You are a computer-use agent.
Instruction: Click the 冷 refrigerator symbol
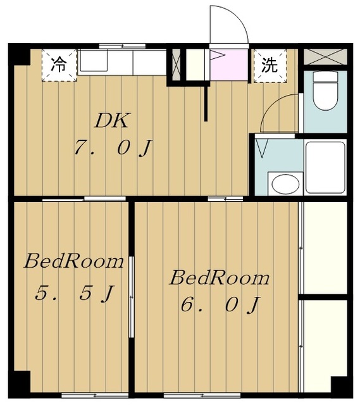pos(58,65)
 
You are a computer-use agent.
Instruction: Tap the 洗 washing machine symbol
pos(270,65)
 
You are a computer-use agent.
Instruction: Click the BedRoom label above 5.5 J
pos(73,261)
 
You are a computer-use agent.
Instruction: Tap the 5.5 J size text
pos(75,293)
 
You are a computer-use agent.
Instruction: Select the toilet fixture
pos(325,91)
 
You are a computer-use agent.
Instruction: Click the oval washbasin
pos(283,184)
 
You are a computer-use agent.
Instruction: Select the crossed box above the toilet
pos(325,56)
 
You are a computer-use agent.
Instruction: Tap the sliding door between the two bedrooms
pos(132,297)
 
